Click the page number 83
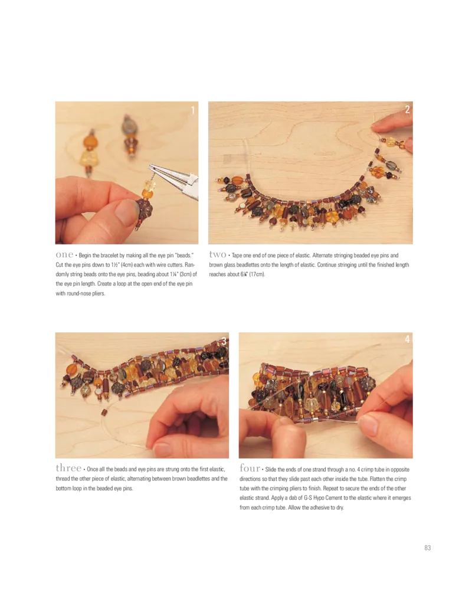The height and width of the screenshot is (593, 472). pos(427,548)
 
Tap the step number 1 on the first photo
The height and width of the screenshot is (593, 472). pos(192,110)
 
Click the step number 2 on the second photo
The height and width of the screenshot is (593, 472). pos(407,109)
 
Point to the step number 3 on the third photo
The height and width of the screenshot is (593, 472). pos(224,341)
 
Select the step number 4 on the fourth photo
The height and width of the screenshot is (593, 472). pos(407,339)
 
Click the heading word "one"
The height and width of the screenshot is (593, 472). pos(64,255)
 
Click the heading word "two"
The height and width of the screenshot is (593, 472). pos(218,254)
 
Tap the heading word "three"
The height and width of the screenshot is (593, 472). pos(68,468)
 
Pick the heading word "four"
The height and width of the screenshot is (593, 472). pos(250,468)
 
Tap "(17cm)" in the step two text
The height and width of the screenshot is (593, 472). pos(257,274)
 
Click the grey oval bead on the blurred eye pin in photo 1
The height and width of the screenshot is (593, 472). pos(129,126)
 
